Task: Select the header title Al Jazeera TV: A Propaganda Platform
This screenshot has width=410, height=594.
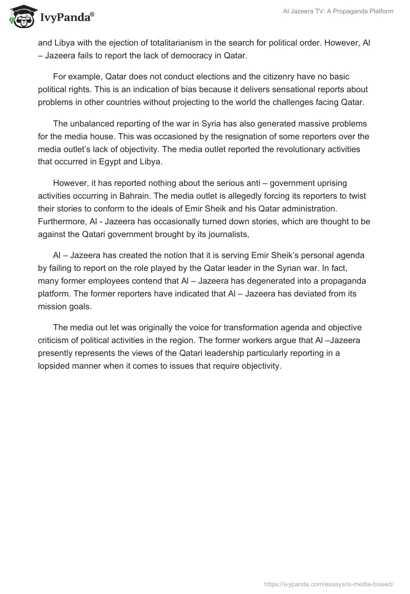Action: coord(338,11)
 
